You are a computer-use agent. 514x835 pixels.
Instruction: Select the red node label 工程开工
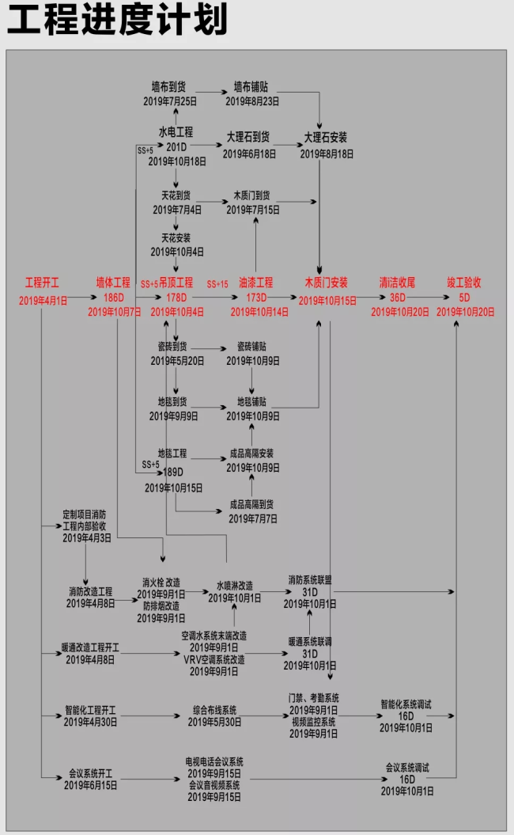[42, 283]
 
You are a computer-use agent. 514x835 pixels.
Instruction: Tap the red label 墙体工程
[113, 283]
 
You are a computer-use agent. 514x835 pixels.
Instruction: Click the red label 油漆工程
[255, 283]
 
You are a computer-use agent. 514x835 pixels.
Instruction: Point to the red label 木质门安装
[326, 283]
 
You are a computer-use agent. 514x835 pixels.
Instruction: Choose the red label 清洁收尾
[397, 283]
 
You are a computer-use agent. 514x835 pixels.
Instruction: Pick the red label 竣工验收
[464, 283]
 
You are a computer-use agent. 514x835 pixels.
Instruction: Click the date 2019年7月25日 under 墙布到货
[169, 101]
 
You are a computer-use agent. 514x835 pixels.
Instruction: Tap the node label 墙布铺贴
[251, 87]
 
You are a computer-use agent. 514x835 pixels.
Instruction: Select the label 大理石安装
[326, 137]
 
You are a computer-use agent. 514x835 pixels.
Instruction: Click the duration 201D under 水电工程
[176, 147]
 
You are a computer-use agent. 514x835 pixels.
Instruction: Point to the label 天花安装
[176, 237]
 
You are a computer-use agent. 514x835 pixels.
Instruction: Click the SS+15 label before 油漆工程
[217, 284]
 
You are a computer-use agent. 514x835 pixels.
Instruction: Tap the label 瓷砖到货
[172, 347]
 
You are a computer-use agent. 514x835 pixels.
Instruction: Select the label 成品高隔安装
[251, 454]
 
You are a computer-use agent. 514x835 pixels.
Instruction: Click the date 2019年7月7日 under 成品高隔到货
[252, 518]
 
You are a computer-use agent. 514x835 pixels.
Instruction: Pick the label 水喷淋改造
[234, 586]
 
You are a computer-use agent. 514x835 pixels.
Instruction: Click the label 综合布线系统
[214, 709]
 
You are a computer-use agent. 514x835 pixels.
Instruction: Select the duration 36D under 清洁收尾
[397, 298]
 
